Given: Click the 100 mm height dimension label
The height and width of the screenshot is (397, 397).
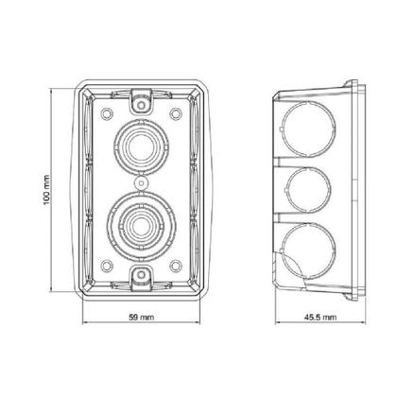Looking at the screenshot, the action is pyautogui.click(x=46, y=190).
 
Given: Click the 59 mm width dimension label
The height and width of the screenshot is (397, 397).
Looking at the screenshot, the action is pyautogui.click(x=142, y=317).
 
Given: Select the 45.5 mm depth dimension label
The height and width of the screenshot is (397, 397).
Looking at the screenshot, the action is pyautogui.click(x=320, y=317).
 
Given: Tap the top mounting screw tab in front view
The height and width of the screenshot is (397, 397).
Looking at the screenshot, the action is pyautogui.click(x=142, y=100).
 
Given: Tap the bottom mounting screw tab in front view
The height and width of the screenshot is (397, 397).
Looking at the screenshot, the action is pyautogui.click(x=142, y=278).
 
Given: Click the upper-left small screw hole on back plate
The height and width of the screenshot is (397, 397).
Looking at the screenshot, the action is pyautogui.click(x=107, y=113).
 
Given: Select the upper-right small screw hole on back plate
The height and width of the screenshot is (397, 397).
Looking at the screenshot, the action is pyautogui.click(x=176, y=113).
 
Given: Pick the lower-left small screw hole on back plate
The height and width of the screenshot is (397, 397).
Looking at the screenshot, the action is pyautogui.click(x=107, y=266).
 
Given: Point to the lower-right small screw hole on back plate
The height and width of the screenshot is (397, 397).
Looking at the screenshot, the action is pyautogui.click(x=176, y=266).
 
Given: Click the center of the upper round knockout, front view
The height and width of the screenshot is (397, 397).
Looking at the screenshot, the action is pyautogui.click(x=142, y=147).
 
